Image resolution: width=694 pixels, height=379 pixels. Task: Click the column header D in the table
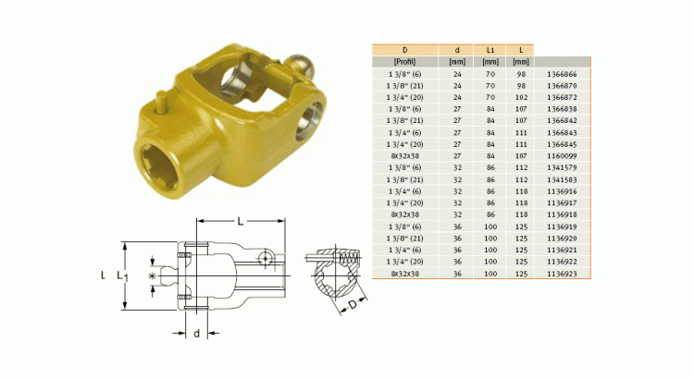point(404,48)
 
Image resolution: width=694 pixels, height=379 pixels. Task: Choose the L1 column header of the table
point(490,48)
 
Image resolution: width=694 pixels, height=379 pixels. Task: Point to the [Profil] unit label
point(404,60)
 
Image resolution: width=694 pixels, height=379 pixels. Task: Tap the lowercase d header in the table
point(455,48)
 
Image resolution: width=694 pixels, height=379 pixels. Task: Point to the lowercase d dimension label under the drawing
point(197,332)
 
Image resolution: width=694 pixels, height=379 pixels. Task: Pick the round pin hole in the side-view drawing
point(267,258)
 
